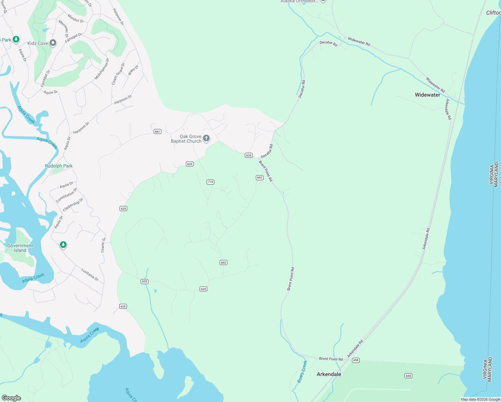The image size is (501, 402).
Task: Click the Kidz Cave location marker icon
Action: click(53, 43)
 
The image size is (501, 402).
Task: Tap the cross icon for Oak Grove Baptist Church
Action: click(207, 138)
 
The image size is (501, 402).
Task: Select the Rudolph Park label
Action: click(59, 166)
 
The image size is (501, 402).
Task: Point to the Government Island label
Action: click(20, 248)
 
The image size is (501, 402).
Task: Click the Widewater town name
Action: click(427, 95)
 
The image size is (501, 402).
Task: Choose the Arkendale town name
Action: click(329, 374)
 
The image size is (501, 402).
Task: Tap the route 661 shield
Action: click(157, 131)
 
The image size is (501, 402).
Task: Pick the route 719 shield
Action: click(210, 182)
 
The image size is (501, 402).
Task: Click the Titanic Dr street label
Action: click(103, 245)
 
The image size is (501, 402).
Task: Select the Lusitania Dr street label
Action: click(90, 274)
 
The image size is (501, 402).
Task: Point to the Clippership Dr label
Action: click(73, 205)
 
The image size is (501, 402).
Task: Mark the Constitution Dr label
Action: click(66, 195)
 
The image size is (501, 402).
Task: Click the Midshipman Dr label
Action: click(102, 69)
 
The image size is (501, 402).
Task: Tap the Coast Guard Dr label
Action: click(118, 74)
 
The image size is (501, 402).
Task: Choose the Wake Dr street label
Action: click(133, 70)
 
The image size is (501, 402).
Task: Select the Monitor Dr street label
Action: click(76, 18)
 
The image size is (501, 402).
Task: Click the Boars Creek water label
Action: click(302, 372)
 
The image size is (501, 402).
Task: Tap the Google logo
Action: click(11, 398)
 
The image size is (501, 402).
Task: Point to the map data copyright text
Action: click(480, 399)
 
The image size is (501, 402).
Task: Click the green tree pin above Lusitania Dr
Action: click(63, 245)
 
